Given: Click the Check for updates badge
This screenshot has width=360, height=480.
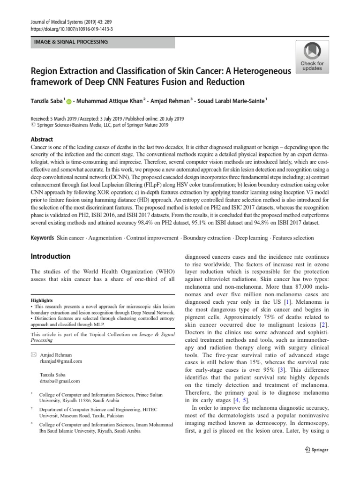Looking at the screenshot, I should (312, 57).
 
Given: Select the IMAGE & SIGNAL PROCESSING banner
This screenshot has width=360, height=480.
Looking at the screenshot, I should (102, 42).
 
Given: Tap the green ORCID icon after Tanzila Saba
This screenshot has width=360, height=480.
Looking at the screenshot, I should (69, 101).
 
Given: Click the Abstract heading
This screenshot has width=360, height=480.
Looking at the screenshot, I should (42, 139).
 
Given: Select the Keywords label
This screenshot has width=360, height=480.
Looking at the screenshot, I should (42, 238).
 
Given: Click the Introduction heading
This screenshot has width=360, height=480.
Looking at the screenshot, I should (50, 256).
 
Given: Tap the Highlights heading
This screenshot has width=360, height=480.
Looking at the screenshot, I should (42, 300).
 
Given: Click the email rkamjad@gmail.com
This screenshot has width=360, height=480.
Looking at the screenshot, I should (61, 361).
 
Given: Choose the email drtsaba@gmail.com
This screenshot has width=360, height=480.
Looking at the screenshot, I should (60, 381).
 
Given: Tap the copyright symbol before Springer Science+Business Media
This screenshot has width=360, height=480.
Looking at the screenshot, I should (32, 126).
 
